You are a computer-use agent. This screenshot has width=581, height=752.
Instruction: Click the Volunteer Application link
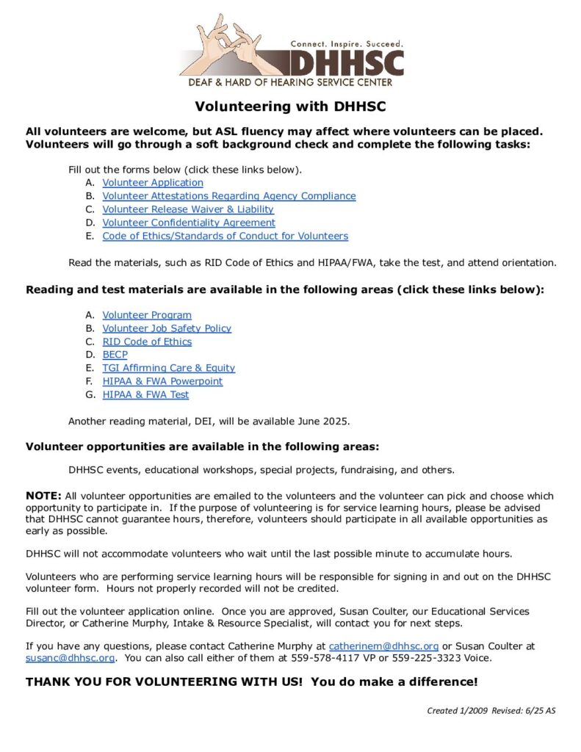tap(153, 183)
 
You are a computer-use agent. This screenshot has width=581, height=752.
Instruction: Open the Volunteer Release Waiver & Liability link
tap(188, 209)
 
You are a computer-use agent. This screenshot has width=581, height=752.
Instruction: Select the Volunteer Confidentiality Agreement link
tap(189, 223)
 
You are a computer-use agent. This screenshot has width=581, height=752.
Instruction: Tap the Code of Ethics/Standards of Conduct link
tap(225, 236)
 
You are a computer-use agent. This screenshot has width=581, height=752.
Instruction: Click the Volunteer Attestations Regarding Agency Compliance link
tap(229, 196)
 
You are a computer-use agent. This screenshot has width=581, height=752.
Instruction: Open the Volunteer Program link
tap(147, 315)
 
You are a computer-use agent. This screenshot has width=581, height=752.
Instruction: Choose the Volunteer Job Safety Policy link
tap(167, 328)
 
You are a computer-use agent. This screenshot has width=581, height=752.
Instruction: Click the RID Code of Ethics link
tap(147, 341)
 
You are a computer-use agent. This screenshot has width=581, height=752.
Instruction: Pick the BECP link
tap(115, 355)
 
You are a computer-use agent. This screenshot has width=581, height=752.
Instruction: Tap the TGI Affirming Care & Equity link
tap(169, 368)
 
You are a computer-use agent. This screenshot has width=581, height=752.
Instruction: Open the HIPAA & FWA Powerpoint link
tap(162, 381)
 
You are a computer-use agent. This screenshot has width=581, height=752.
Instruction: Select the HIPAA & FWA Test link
tap(145, 394)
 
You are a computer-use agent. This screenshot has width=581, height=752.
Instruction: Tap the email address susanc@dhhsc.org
tap(70, 658)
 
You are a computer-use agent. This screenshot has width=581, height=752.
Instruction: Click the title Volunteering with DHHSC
tap(290, 106)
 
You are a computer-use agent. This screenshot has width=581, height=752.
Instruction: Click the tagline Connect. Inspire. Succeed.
tap(345, 44)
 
